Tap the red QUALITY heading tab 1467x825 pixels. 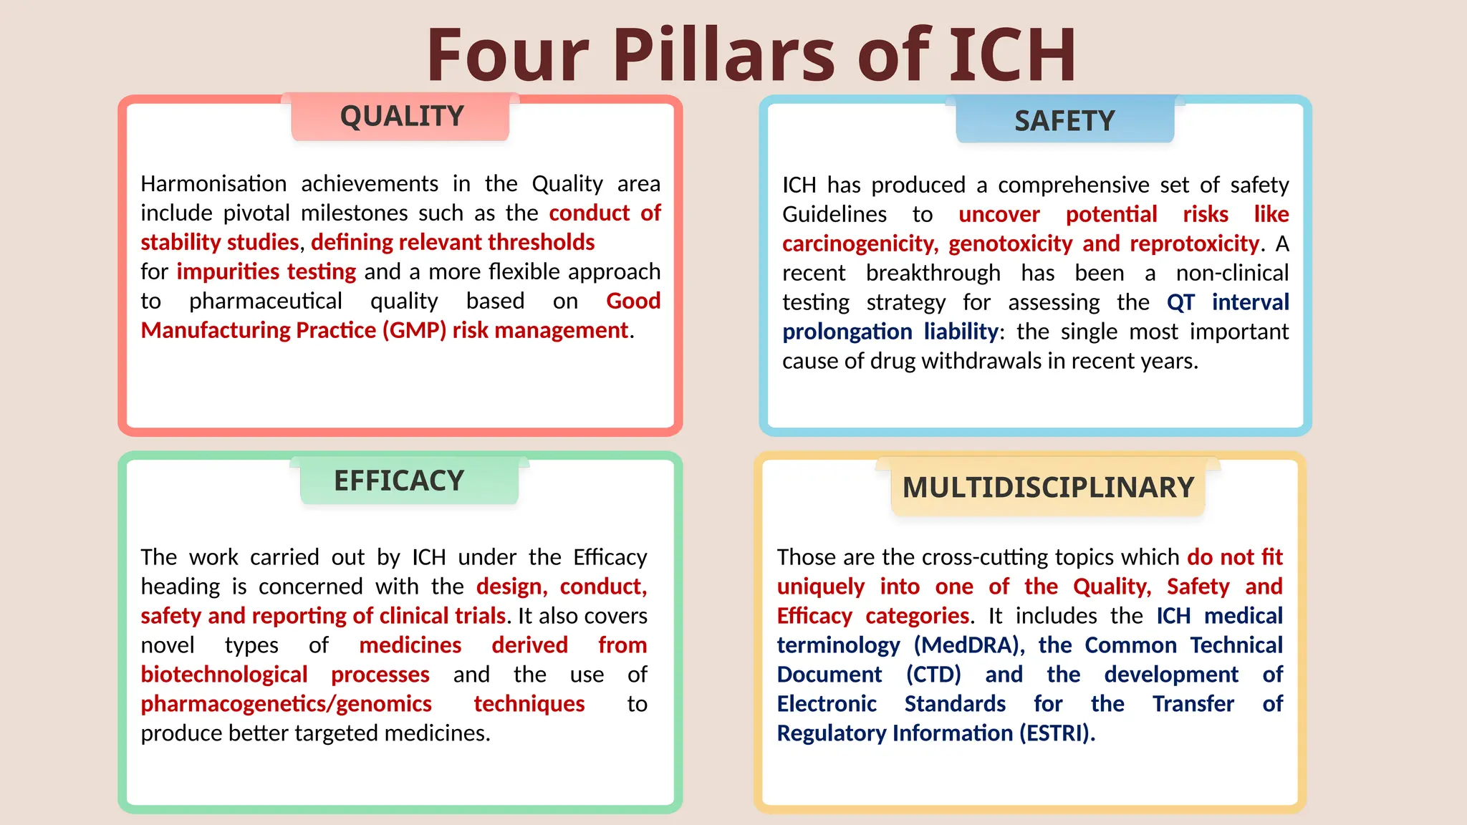pyautogui.click(x=401, y=116)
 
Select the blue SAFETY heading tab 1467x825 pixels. pyautogui.click(x=1064, y=120)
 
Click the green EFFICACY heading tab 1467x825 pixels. pyautogui.click(x=399, y=481)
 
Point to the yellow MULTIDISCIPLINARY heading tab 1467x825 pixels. pyautogui.click(x=1048, y=488)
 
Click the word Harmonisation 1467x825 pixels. pyautogui.click(x=213, y=184)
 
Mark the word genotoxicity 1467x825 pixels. pyautogui.click(x=1010, y=244)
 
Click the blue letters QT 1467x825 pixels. pyautogui.click(x=1180, y=303)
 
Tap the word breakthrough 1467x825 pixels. pyautogui.click(x=933, y=274)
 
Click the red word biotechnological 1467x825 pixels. pyautogui.click(x=224, y=675)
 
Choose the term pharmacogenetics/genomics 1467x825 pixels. pyautogui.click(x=286, y=705)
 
